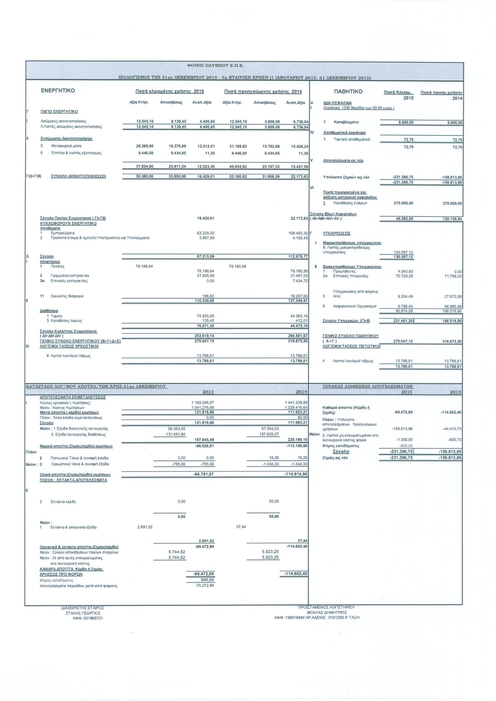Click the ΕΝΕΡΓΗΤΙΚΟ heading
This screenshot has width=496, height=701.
[58, 91]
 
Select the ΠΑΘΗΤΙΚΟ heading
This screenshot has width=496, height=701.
[348, 92]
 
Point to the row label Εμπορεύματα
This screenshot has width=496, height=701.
[63, 233]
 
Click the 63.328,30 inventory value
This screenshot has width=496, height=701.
[203, 233]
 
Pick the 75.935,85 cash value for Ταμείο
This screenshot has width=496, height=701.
[203, 316]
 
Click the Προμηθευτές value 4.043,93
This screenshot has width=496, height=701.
[405, 271]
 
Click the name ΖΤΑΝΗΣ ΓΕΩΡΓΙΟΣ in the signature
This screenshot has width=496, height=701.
[83, 613]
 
